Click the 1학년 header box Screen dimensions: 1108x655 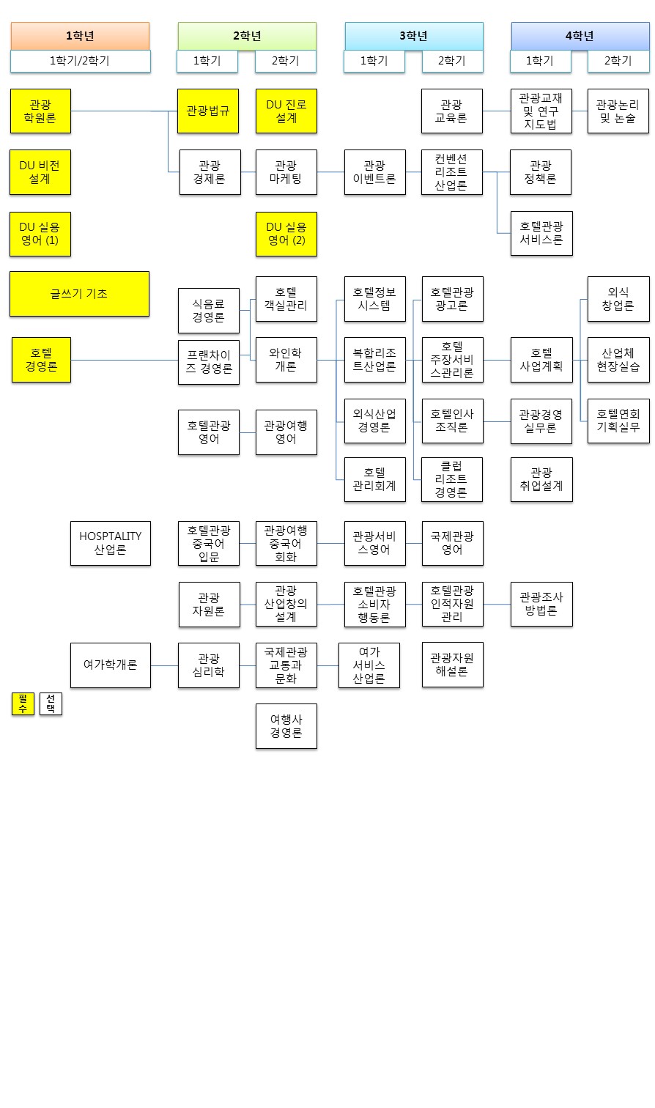click(80, 36)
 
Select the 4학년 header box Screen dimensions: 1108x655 click(580, 36)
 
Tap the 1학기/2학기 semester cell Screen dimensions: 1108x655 click(80, 61)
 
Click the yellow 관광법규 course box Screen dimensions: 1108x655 click(208, 111)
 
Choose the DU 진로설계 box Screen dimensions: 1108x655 click(286, 111)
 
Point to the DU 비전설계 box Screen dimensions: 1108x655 click(40, 172)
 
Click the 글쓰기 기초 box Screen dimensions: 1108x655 click(79, 294)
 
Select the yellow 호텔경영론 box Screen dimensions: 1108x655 click(41, 360)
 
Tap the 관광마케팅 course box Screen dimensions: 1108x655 click(286, 172)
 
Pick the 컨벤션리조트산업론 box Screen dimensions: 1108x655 click(451, 172)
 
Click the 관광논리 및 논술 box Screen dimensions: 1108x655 click(618, 111)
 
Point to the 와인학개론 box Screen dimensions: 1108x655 click(286, 360)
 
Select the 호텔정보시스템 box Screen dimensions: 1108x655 click(374, 299)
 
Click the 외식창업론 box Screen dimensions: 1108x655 click(618, 299)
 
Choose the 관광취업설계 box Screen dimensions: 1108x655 click(541, 479)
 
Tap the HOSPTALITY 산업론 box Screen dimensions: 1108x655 click(110, 543)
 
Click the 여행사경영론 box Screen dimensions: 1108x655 click(286, 726)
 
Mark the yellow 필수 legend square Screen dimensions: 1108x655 click(23, 704)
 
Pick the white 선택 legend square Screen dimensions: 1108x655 click(51, 704)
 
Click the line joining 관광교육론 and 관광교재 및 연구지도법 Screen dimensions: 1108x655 click(496, 111)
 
